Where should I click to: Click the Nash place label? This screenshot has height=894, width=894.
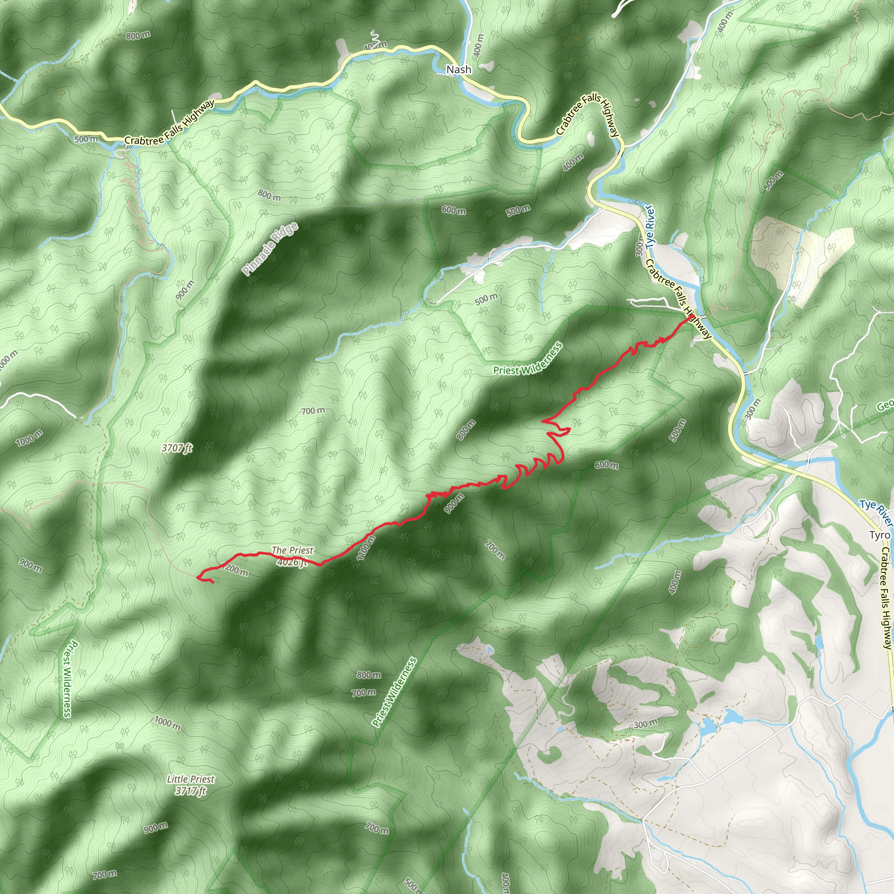tap(459, 69)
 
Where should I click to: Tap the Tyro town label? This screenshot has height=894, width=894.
tap(879, 535)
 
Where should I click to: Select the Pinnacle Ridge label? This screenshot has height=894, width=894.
tap(270, 249)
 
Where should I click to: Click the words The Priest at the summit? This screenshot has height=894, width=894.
tap(292, 550)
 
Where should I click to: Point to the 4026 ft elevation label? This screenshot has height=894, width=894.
tap(292, 562)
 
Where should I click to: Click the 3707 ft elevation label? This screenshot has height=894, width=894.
tap(177, 448)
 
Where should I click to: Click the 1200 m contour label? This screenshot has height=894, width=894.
tap(235, 570)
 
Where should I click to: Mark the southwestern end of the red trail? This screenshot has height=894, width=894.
tap(213, 583)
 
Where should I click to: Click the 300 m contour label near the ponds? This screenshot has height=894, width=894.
tap(645, 724)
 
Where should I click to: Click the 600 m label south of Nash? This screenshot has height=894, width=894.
tap(454, 210)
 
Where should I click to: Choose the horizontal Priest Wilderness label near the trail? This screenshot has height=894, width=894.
tap(527, 359)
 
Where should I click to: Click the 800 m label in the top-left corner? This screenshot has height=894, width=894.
tap(138, 36)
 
